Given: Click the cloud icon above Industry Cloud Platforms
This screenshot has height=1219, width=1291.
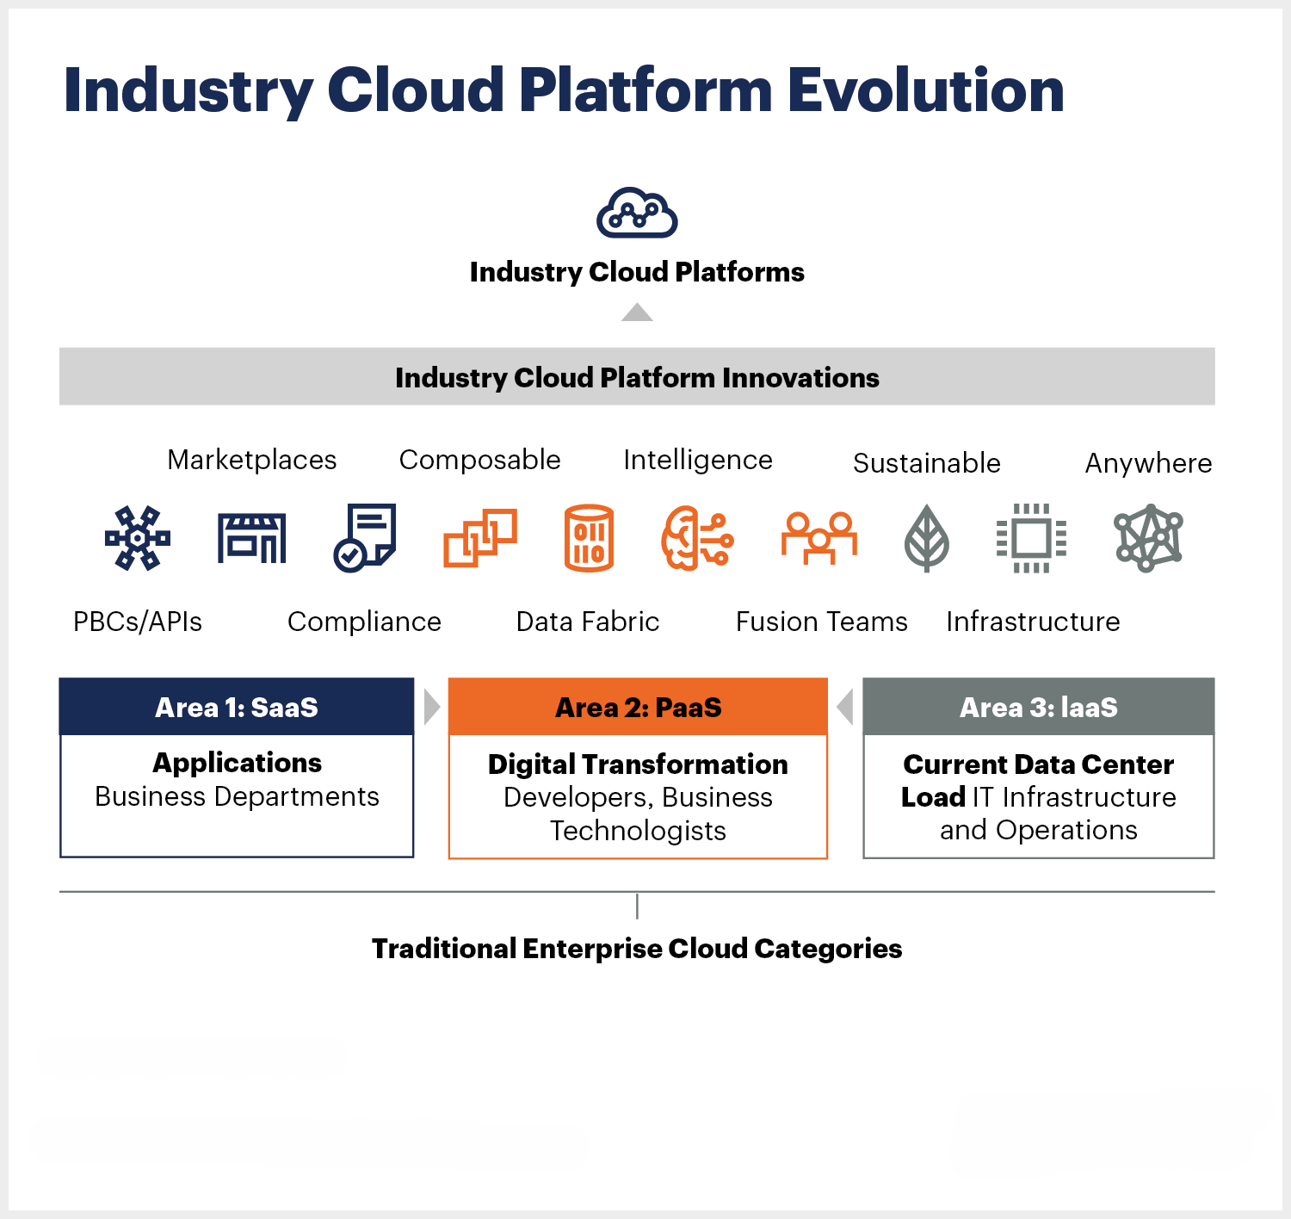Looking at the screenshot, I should coord(637,213).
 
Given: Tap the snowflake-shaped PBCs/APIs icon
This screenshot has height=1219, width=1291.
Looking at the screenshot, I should coord(138,538).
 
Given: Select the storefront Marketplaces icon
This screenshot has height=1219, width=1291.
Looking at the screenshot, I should coord(251,538).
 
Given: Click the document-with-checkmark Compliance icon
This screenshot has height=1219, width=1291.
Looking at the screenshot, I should coord(365,538).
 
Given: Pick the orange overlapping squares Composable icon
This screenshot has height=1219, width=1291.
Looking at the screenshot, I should coord(479,538).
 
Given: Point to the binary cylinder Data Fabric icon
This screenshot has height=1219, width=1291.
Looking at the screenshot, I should coord(589,538).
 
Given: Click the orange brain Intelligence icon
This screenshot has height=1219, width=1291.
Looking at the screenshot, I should coord(697,538).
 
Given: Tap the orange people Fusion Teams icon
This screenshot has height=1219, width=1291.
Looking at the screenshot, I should coord(819,538).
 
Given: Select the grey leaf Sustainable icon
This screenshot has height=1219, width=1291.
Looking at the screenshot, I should coord(927,538).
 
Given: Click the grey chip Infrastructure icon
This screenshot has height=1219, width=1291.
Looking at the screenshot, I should coord(1031,538).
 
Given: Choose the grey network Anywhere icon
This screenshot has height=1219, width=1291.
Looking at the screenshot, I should coord(1148,538).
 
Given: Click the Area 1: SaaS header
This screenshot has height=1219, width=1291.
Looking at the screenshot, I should coord(237,707).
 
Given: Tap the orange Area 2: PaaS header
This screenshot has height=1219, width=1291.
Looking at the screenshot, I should coord(638,707).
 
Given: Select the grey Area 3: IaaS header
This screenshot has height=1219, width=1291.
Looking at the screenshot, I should coord(1039,707).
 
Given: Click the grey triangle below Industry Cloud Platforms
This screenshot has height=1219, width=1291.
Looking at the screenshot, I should coord(637,312).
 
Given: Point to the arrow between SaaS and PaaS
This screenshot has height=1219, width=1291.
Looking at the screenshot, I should coord(431,707).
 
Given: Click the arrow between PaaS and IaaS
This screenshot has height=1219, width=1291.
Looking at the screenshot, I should coord(845,707).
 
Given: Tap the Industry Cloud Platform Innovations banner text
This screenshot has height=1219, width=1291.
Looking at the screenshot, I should coord(637,377).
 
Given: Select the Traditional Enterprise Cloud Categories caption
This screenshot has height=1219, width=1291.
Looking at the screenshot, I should coord(637,948).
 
